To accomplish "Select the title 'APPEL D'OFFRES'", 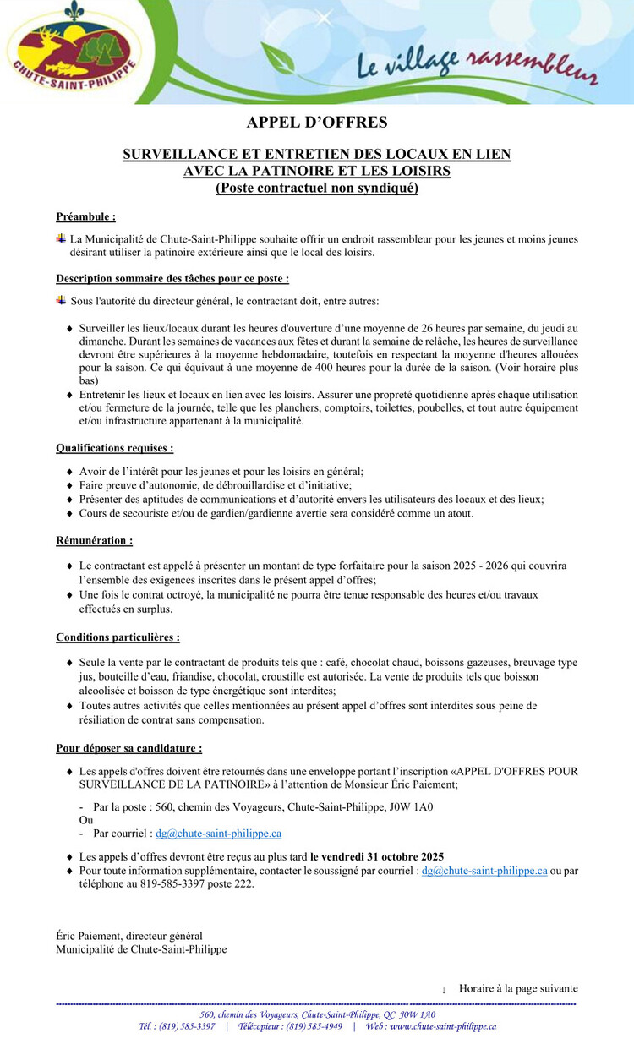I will click(x=317, y=123).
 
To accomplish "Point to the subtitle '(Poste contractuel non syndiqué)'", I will click(x=317, y=188).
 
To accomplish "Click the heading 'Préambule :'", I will click(x=85, y=216).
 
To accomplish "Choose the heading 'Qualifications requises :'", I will click(x=115, y=448).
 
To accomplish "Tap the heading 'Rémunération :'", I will click(x=94, y=540).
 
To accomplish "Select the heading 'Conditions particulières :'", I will click(x=118, y=637).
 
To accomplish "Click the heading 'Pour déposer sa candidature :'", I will click(x=129, y=748).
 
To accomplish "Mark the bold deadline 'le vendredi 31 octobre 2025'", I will click(x=377, y=857).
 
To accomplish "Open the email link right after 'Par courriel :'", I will click(x=218, y=834).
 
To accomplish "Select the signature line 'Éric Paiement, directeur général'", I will click(x=129, y=936).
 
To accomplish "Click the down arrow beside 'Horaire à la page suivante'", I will click(x=444, y=989).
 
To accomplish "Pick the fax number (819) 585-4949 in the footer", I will click(x=314, y=1026).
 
